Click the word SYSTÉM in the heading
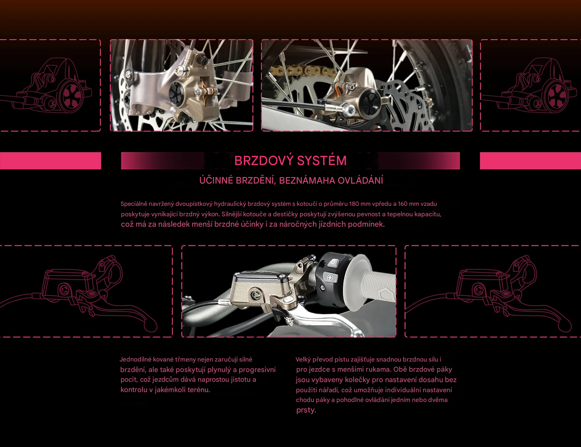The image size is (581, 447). tap(322, 160)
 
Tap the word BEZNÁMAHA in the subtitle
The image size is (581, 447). tap(307, 181)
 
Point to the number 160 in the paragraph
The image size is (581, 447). tap(403, 204)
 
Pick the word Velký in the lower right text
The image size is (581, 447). tap(303, 359)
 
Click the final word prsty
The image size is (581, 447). tap(306, 410)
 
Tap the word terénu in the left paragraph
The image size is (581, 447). tap(198, 390)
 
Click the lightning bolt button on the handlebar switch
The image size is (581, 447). tap(331, 278)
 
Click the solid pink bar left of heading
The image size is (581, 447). tap(51, 161)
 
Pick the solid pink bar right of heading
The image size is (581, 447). tap(530, 161)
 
